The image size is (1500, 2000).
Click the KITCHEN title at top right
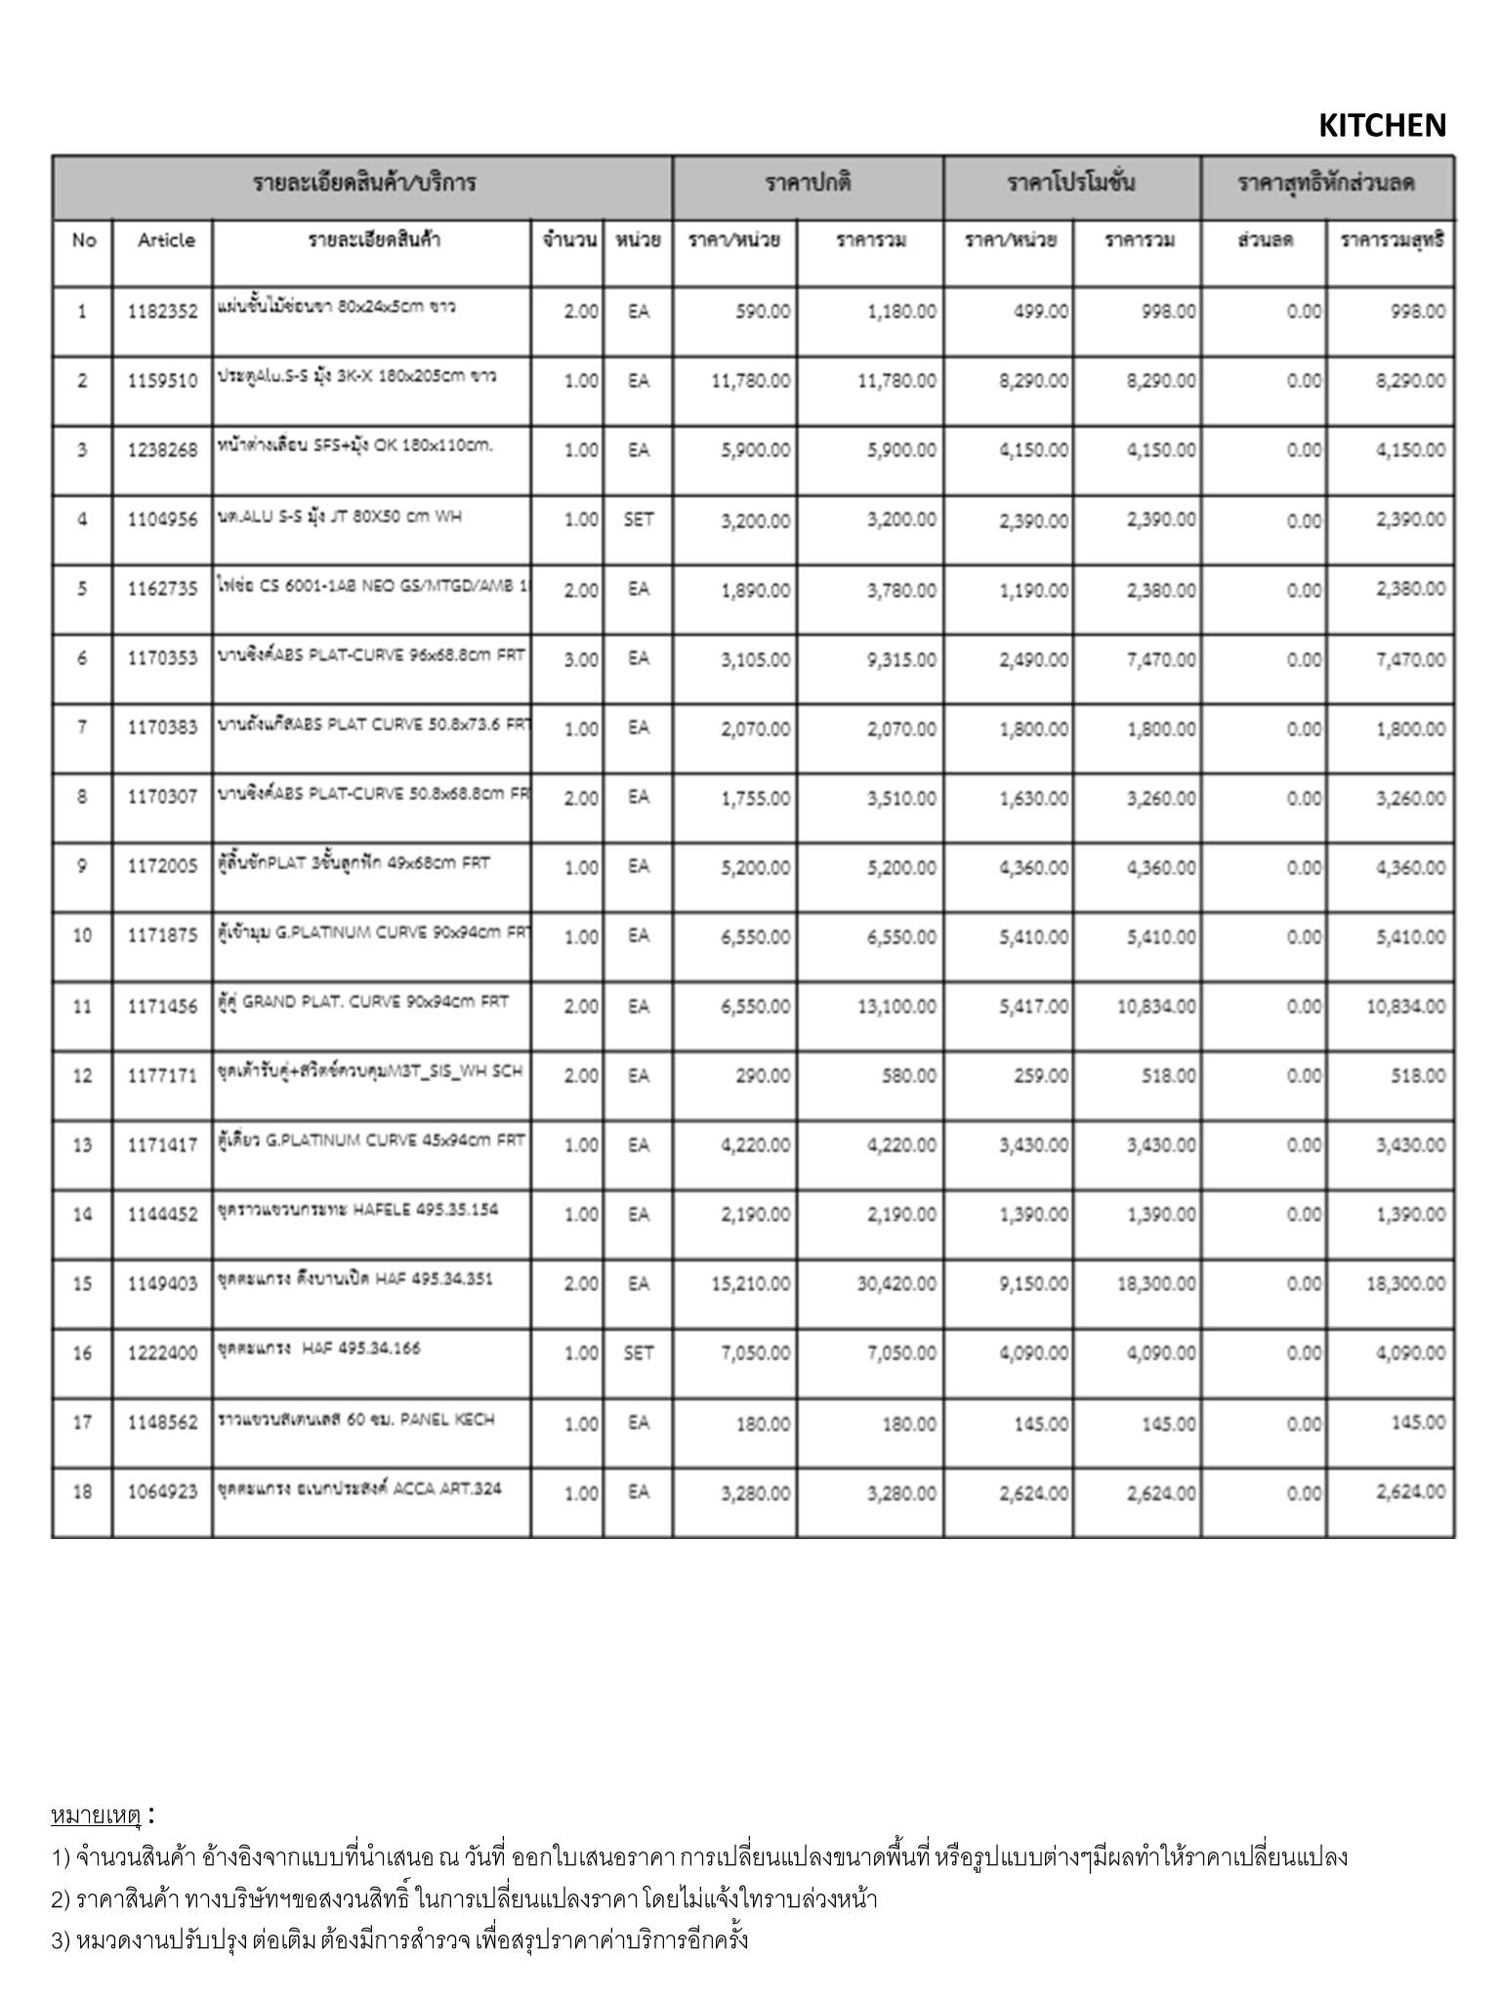coord(1381,126)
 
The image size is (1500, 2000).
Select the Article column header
coord(166,240)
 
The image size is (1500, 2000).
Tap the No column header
coord(83,240)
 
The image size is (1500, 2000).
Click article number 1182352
coord(162,312)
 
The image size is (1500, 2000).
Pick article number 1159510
coord(162,381)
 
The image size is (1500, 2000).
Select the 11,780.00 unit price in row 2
coord(751,381)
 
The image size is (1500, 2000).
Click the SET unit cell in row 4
coord(638,520)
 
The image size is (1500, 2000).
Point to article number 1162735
coord(162,589)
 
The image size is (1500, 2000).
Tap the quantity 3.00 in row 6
coord(581,659)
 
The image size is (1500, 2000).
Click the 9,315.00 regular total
coord(901,660)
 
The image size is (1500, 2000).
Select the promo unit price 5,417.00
coord(1033,1006)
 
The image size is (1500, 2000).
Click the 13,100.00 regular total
coord(896,1006)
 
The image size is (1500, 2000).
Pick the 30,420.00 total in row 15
coord(896,1283)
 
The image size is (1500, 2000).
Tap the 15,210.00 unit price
coord(751,1283)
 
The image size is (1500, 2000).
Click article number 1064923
coord(162,1492)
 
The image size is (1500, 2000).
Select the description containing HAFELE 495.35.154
coord(357,1210)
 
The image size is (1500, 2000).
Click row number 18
coord(82,1492)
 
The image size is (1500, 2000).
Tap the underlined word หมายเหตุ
coord(97,1815)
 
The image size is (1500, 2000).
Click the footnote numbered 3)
coord(400,1939)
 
